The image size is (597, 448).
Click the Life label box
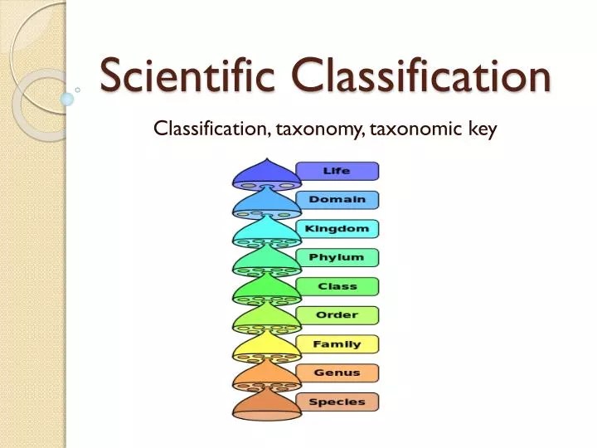pyautogui.click(x=337, y=171)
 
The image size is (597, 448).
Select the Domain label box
pyautogui.click(x=337, y=200)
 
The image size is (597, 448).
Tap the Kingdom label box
pyautogui.click(x=337, y=229)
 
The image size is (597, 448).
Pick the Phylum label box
pyautogui.click(x=337, y=258)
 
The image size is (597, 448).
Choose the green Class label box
pyautogui.click(x=337, y=287)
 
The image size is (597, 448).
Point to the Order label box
pyautogui.click(x=337, y=315)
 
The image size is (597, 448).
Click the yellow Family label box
pyautogui.click(x=337, y=344)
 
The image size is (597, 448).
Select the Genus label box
pyautogui.click(x=337, y=373)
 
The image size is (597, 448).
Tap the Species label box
pyautogui.click(x=337, y=402)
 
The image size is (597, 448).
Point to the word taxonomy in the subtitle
pyautogui.click(x=319, y=129)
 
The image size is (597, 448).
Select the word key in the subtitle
pyautogui.click(x=481, y=129)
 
